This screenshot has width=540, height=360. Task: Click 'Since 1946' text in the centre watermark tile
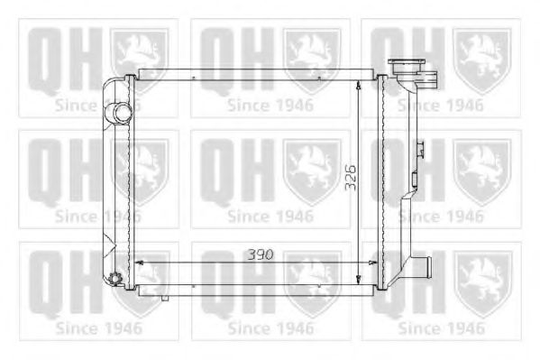coord(270,217)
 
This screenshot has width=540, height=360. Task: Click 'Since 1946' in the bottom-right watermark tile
coord(441,328)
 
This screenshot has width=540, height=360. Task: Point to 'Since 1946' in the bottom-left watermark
coord(98,328)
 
